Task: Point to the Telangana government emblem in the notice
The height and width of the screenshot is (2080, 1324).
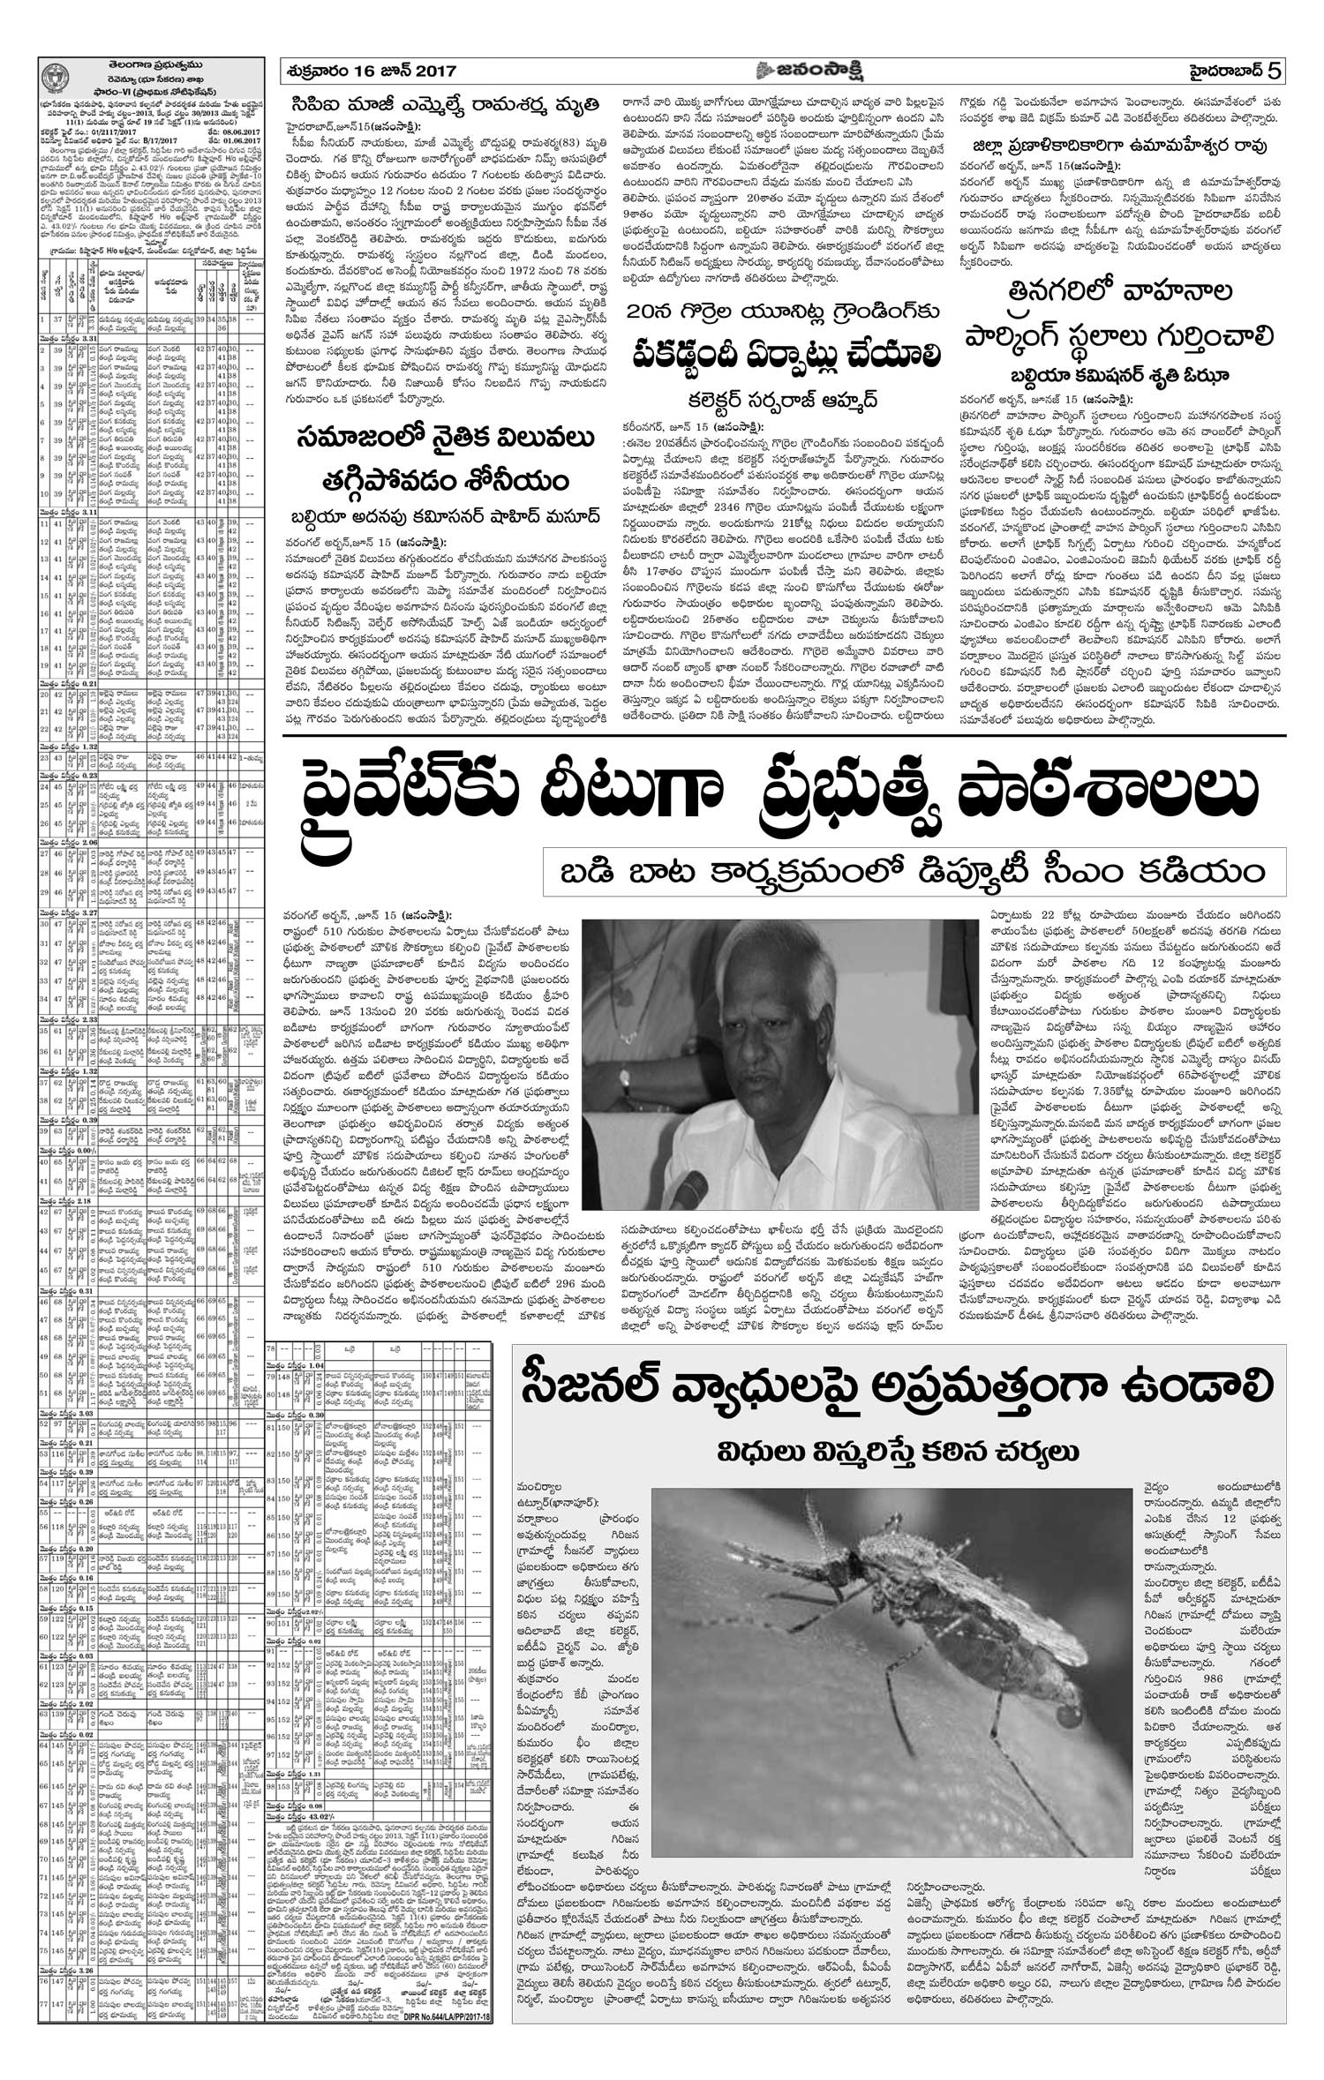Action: coord(55,72)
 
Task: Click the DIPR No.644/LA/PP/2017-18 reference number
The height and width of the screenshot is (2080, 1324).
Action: coord(434,2061)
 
